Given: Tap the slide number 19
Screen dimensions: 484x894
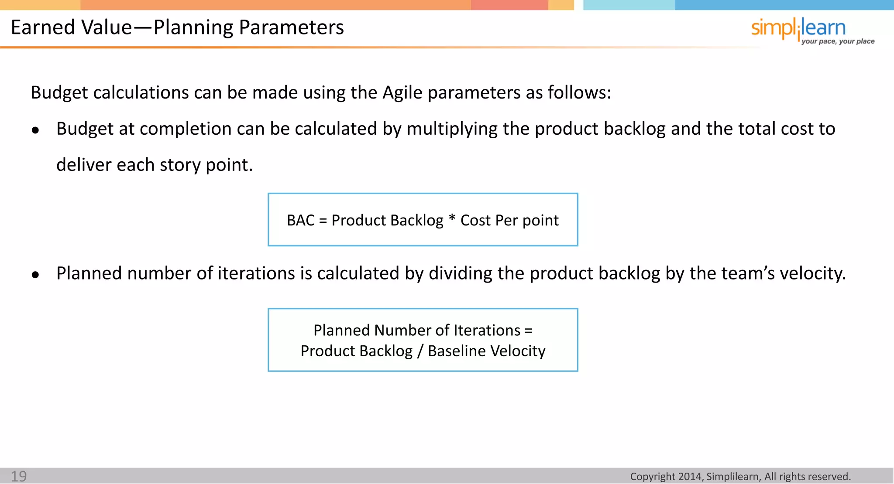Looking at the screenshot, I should click(x=19, y=476).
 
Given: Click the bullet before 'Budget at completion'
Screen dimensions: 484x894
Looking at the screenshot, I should click(x=35, y=130).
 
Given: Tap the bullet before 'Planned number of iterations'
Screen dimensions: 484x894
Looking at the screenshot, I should click(x=35, y=275).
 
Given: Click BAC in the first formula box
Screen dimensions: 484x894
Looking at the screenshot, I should click(x=300, y=220).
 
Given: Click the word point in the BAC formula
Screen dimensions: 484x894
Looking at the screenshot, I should click(x=540, y=221).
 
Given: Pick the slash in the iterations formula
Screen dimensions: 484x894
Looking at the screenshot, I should click(x=420, y=351).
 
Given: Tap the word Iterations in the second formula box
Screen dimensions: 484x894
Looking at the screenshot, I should click(x=487, y=331).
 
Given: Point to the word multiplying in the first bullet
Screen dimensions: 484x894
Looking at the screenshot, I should click(x=452, y=129).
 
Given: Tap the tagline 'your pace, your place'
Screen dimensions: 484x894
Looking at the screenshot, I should click(x=838, y=41).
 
